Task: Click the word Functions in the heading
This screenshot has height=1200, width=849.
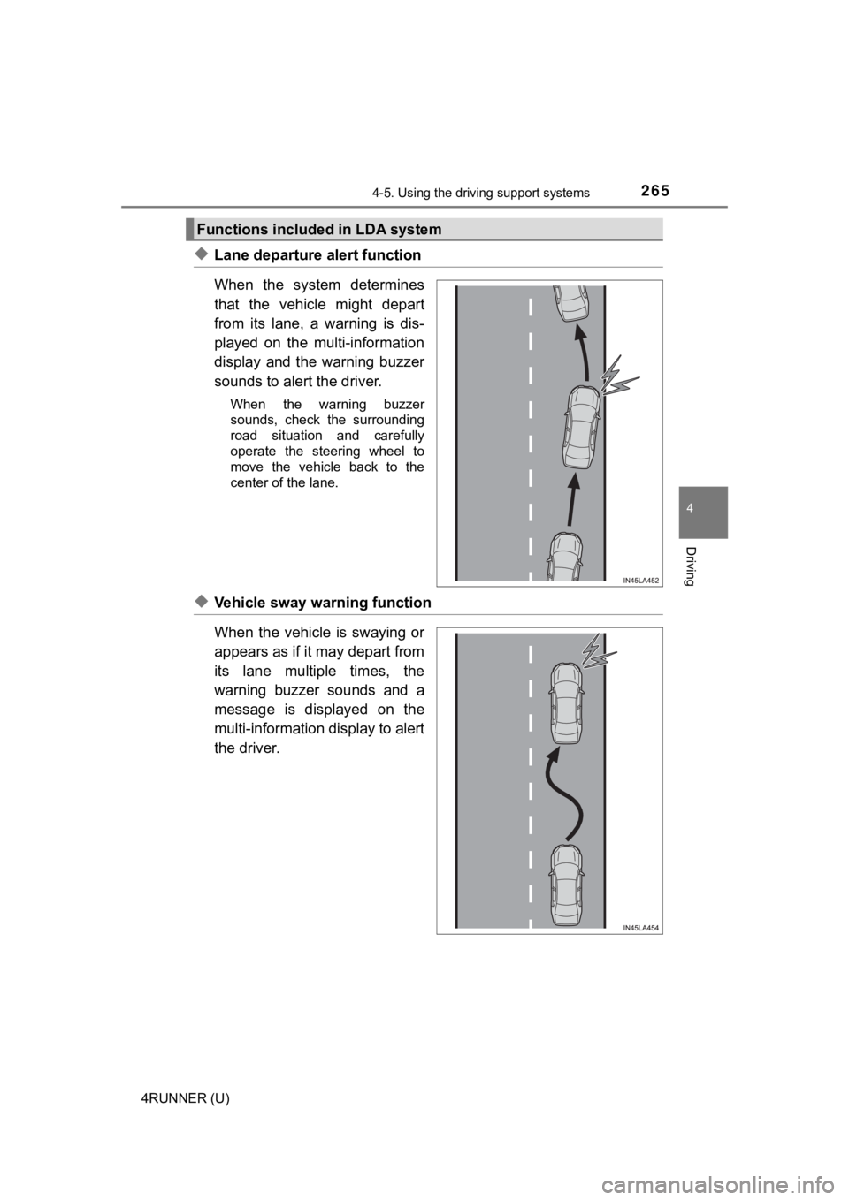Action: [x=231, y=230]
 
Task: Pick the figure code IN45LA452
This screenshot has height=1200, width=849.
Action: [x=641, y=580]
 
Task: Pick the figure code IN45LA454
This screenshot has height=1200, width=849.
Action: [x=641, y=927]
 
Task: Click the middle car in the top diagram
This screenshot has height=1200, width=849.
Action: [x=580, y=429]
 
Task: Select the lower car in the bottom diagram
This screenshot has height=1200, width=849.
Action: [x=563, y=884]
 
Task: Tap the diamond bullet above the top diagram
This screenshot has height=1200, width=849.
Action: [x=202, y=254]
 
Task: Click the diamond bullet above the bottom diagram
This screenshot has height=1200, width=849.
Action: [x=202, y=602]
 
